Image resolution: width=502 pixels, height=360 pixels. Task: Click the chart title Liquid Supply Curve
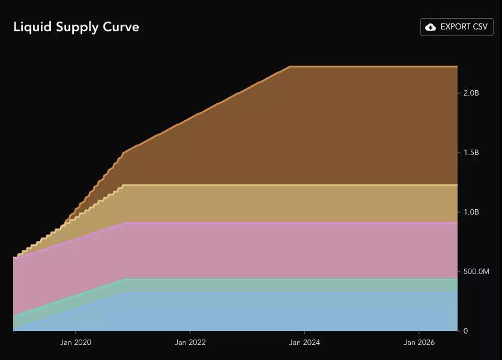tap(76, 27)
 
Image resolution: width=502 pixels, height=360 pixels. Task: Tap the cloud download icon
tap(430, 27)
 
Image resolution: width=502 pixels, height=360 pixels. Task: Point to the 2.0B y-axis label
tap(471, 93)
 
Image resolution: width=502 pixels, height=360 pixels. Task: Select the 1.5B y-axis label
tap(471, 153)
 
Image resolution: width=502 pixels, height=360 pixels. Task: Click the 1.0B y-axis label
tap(471, 212)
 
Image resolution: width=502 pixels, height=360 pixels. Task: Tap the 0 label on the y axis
tap(465, 331)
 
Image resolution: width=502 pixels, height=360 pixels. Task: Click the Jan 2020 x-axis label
tap(76, 343)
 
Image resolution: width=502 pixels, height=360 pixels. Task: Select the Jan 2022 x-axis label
tap(190, 343)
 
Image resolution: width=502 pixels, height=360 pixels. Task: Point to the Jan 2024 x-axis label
tap(304, 343)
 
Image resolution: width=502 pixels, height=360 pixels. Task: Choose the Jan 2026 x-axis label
tap(419, 343)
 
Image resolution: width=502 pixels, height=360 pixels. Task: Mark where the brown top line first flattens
tap(290, 67)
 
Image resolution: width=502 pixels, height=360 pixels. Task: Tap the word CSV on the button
tap(478, 27)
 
